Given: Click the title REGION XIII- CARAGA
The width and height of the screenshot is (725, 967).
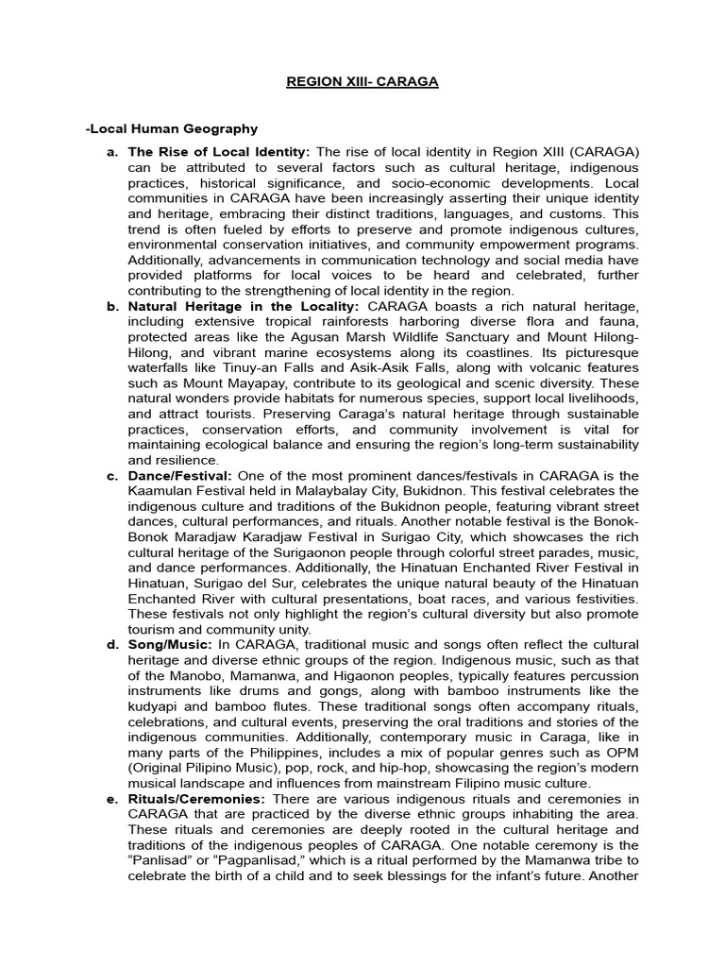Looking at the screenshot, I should click(362, 82).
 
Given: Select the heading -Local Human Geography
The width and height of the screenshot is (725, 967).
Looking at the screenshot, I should click(171, 128).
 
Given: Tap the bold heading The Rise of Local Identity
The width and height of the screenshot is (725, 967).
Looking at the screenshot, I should click(218, 152).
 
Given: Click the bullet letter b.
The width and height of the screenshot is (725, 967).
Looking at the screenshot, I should click(112, 306).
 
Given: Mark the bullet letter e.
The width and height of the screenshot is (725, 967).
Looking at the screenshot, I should click(112, 799).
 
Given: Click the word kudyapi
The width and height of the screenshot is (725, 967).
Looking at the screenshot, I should click(154, 706).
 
